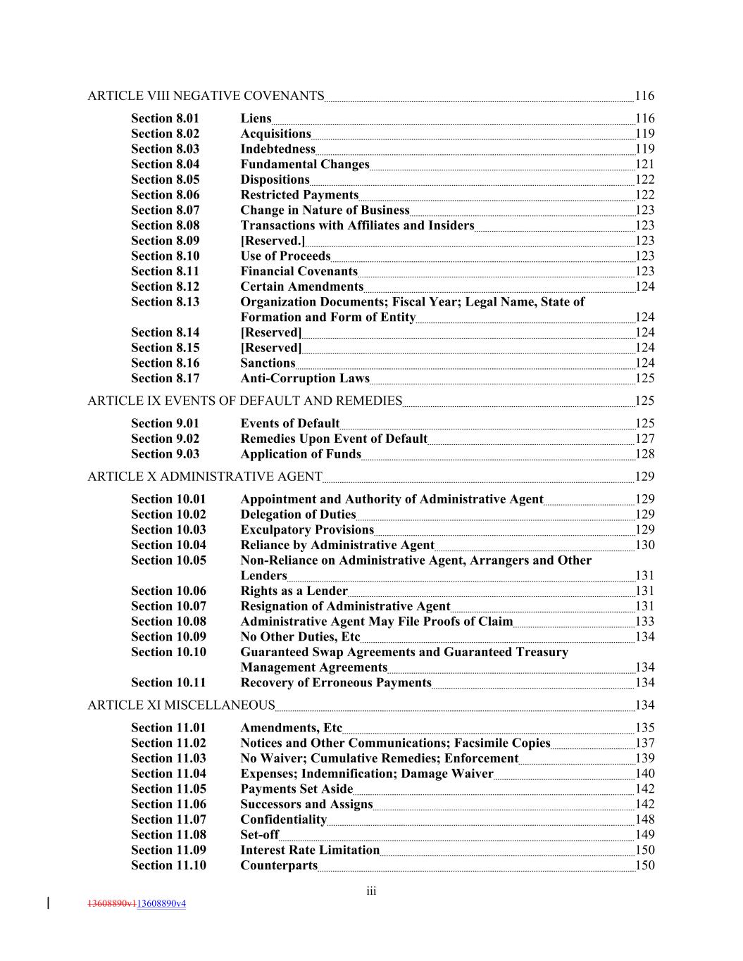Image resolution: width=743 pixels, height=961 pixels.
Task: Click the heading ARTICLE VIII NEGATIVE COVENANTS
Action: [x=206, y=96]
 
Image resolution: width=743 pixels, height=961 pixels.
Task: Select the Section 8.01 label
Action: [x=165, y=118]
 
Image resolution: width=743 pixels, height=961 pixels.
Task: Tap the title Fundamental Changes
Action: [x=304, y=164]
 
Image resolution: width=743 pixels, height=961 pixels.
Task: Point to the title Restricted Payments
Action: [x=299, y=195]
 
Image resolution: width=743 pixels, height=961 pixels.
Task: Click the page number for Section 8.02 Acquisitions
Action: [x=644, y=134]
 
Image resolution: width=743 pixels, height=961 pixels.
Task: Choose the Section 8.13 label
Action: [x=165, y=302]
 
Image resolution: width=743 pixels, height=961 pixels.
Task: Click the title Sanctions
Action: [x=268, y=363]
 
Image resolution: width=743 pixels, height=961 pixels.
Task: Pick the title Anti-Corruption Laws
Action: [x=304, y=379]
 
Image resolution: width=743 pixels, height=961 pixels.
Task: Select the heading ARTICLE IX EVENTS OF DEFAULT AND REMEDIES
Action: [x=244, y=401]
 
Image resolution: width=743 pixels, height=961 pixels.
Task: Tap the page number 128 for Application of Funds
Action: [x=644, y=454]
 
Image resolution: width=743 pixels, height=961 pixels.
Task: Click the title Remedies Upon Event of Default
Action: [x=334, y=439]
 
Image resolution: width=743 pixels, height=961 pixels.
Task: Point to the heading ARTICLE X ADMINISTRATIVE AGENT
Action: [x=204, y=477]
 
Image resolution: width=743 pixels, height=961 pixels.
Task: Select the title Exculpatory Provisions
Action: [x=306, y=530]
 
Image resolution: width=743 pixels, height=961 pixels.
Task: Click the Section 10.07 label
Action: [x=168, y=606]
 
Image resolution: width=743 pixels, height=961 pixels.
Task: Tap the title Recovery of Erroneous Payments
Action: [x=335, y=683]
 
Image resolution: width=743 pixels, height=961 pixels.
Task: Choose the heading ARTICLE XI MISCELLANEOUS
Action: [x=181, y=705]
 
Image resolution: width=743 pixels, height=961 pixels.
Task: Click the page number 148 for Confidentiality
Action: [x=644, y=819]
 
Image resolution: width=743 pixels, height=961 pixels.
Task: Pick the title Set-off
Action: [x=259, y=835]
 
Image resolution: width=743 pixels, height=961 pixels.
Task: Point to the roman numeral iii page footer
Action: [x=371, y=892]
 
